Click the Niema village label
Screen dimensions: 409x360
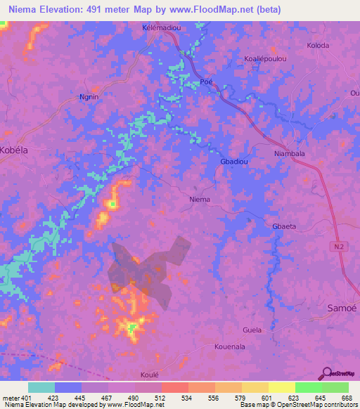tap(200, 199)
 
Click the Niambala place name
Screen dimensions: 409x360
tap(288, 153)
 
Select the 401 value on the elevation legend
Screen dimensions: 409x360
tap(21, 398)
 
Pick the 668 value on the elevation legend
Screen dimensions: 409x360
tap(347, 398)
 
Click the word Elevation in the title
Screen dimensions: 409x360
tap(64, 9)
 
